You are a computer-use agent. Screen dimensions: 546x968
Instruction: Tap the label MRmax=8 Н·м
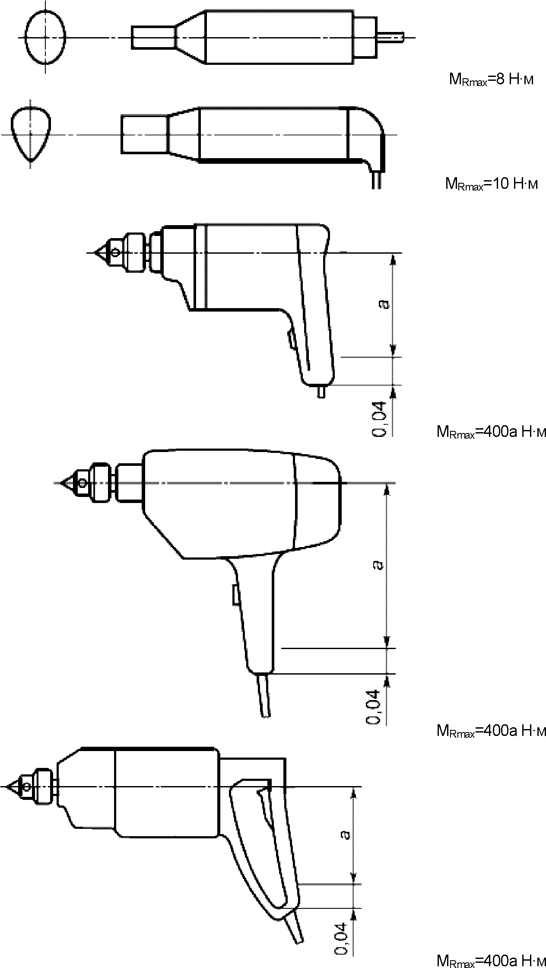pyautogui.click(x=491, y=81)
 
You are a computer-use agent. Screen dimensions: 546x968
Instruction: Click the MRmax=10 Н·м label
pyautogui.click(x=492, y=184)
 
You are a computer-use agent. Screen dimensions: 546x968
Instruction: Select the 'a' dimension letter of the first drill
pyautogui.click(x=383, y=305)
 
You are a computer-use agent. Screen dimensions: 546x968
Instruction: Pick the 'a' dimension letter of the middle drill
pyautogui.click(x=378, y=564)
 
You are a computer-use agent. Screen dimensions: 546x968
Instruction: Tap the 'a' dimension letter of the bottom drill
pyautogui.click(x=345, y=834)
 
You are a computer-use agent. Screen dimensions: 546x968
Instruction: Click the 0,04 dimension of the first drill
pyautogui.click(x=379, y=419)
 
